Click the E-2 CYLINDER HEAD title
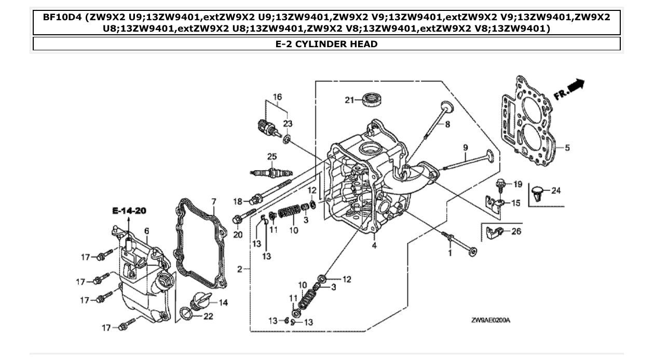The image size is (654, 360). click(x=326, y=44)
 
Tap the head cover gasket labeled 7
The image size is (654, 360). click(x=200, y=244)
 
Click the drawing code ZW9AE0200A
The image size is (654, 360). click(x=491, y=320)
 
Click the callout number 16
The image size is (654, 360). click(x=277, y=97)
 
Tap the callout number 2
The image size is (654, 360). click(x=240, y=269)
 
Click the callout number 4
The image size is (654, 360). click(x=374, y=246)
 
